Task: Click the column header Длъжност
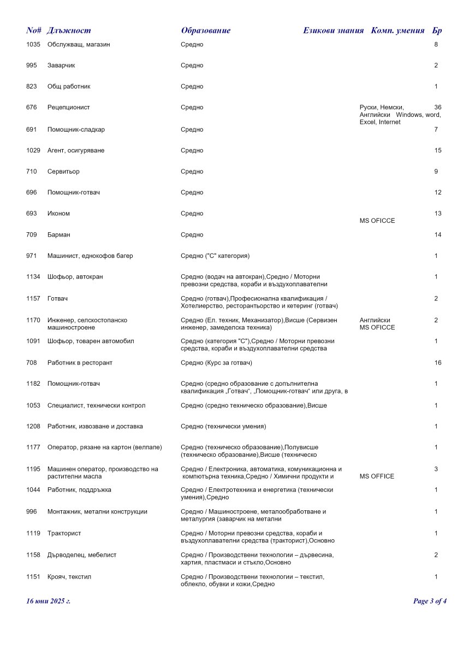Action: click(69, 31)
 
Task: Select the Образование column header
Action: click(205, 31)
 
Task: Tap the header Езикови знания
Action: click(333, 31)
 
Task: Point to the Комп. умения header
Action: click(397, 31)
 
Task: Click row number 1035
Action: click(33, 44)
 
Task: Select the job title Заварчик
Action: click(61, 66)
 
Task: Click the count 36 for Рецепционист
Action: click(437, 107)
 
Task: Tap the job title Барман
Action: click(59, 235)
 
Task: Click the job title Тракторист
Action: click(64, 533)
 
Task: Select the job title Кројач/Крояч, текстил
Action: click(69, 577)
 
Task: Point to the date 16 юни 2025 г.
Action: click(49, 602)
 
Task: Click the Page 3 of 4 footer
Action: click(430, 602)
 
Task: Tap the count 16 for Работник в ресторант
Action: click(437, 363)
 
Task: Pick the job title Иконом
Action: click(58, 214)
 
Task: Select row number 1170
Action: click(33, 320)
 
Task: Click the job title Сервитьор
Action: click(63, 172)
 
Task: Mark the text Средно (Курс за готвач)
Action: click(216, 363)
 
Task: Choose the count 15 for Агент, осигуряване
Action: click(437, 150)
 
